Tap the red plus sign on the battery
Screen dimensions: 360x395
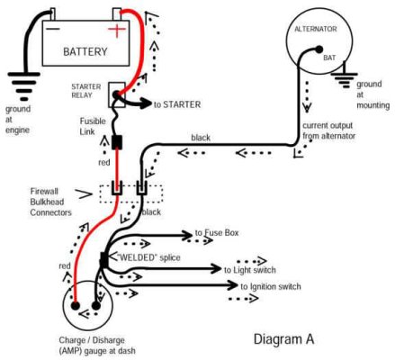pyautogui.click(x=115, y=31)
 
